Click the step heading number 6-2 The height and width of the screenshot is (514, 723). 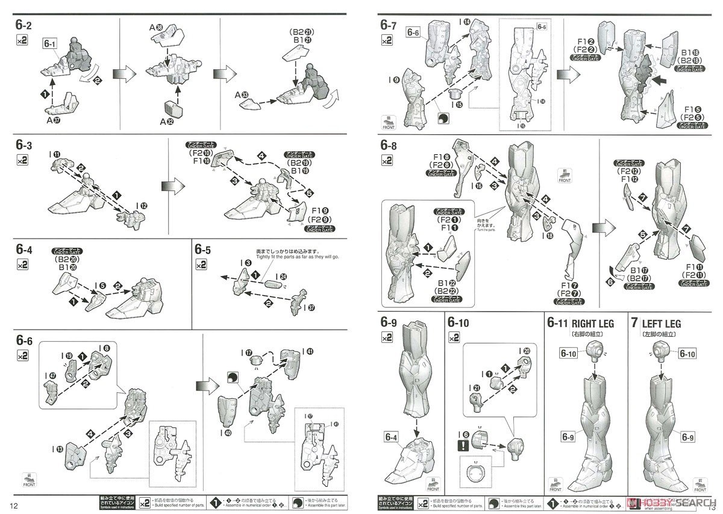[x=23, y=25]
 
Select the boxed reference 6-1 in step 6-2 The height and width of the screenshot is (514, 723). [x=51, y=44]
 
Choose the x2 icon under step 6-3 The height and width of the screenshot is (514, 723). [x=22, y=161]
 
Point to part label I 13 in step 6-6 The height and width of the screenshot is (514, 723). [x=58, y=448]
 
